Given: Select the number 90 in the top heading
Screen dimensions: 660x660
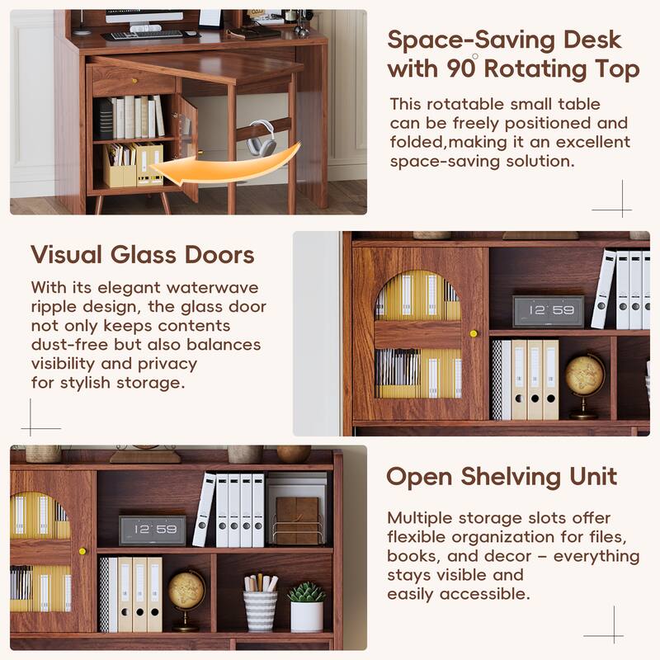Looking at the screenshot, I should coord(459,69).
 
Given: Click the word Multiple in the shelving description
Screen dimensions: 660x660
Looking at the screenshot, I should coord(420,518).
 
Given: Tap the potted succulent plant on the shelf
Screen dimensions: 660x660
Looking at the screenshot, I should coord(306,606).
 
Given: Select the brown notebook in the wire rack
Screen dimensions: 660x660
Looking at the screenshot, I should coord(296,519).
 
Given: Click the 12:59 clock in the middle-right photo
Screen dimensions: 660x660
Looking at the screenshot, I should coord(548,311).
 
